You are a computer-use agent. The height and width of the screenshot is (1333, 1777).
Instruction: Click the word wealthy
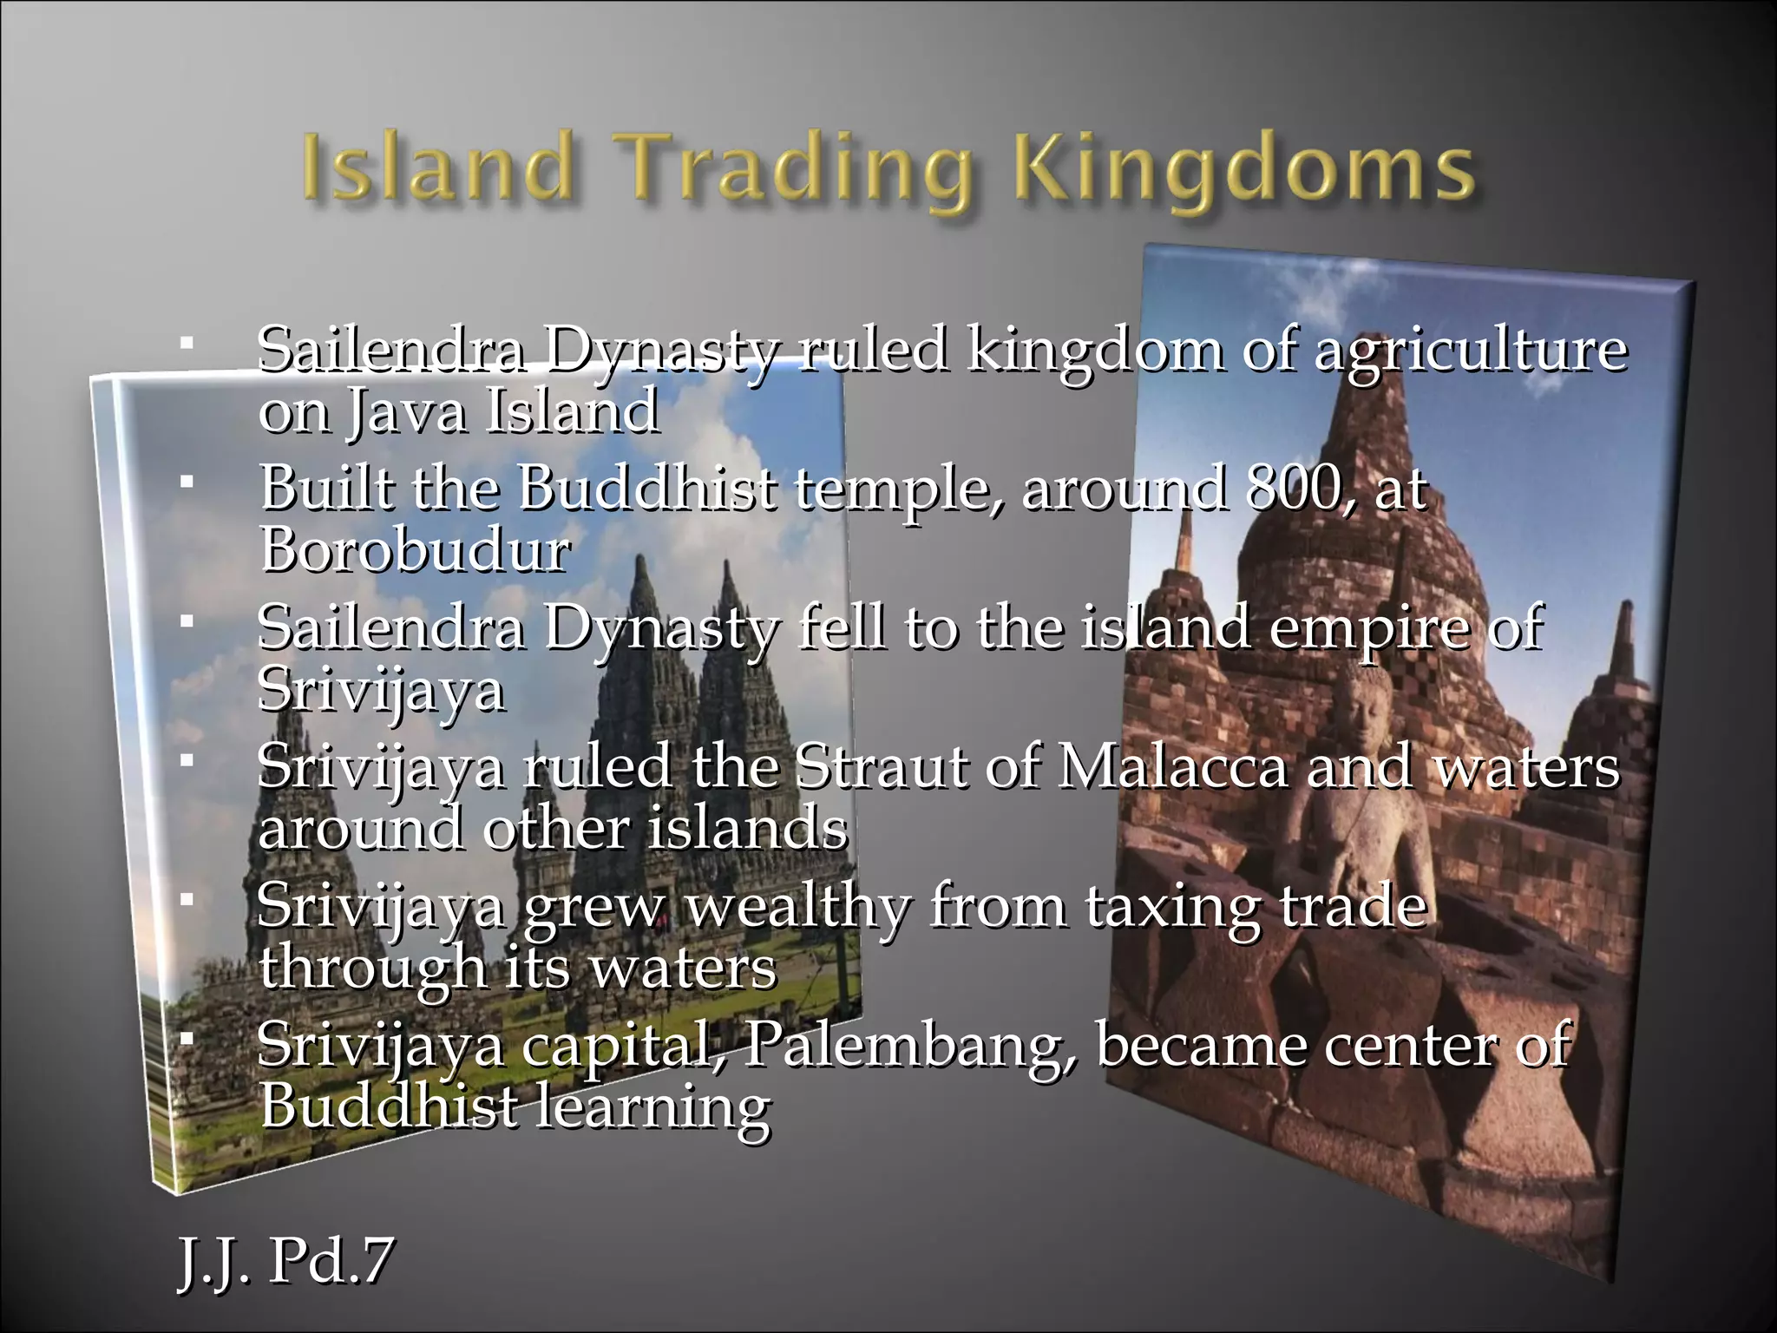(x=799, y=908)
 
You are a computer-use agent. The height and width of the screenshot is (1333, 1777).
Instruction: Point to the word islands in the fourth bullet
(x=748, y=829)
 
